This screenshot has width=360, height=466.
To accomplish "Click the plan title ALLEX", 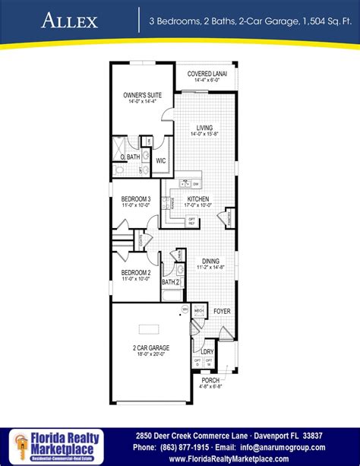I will pyautogui.click(x=71, y=20).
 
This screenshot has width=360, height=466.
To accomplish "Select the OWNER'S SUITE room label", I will pyautogui.click(x=138, y=96).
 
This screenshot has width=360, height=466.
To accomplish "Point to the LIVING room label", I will pyautogui.click(x=204, y=128).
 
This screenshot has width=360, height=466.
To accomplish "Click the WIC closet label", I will pyautogui.click(x=160, y=161).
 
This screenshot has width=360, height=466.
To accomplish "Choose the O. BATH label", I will pyautogui.click(x=131, y=157).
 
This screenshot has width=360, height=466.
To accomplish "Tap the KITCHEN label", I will pyautogui.click(x=198, y=199).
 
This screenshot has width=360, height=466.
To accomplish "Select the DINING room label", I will pyautogui.click(x=210, y=261).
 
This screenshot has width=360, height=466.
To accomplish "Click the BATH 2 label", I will pyautogui.click(x=171, y=282).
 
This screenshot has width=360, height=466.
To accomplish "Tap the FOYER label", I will pyautogui.click(x=222, y=311).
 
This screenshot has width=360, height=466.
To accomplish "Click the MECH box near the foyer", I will pyautogui.click(x=199, y=311).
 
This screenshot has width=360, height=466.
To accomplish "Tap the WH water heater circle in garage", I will pyautogui.click(x=185, y=310).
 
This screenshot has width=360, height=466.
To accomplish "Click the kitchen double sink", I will pyautogui.click(x=185, y=184).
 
